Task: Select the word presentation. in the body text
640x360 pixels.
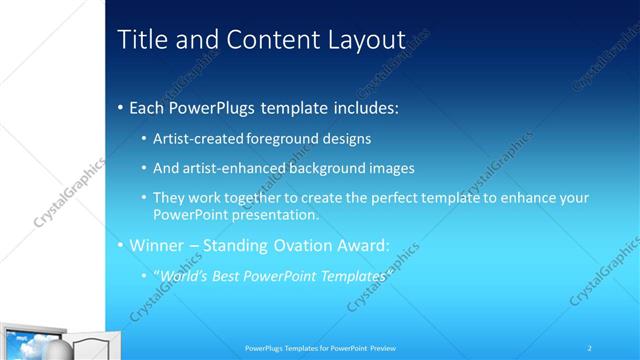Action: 274,214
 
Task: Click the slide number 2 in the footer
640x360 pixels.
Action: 590,348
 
